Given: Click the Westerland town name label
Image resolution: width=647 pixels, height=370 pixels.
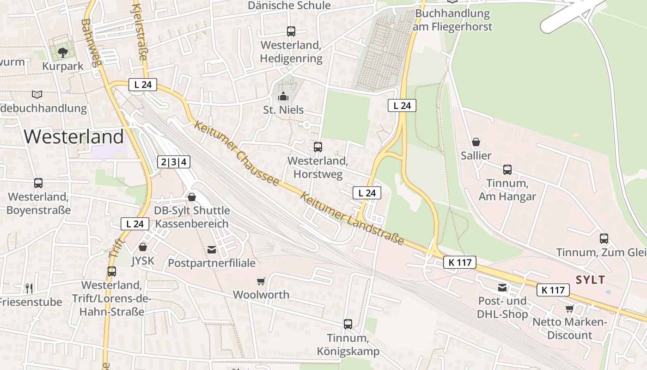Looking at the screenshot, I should (x=74, y=137).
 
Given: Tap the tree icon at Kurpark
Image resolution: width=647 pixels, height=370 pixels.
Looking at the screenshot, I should (x=63, y=52).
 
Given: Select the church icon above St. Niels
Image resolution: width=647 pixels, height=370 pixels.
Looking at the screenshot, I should (x=283, y=96).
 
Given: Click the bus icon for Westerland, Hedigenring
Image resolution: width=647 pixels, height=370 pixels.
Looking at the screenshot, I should (x=291, y=31).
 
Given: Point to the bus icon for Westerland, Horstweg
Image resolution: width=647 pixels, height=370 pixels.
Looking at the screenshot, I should (x=317, y=147).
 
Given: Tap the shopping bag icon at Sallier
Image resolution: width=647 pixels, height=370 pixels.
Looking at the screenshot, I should (x=476, y=142).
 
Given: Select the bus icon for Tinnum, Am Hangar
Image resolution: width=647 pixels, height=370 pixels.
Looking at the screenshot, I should (x=507, y=170).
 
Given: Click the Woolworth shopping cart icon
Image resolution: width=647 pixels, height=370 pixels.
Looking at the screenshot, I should (x=261, y=281).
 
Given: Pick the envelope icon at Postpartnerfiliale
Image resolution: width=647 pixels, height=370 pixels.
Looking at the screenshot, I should (x=212, y=250).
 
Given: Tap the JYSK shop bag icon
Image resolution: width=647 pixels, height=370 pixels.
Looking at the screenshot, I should (x=143, y=247).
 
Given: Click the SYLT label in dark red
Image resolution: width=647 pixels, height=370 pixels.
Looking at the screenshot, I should (x=590, y=280).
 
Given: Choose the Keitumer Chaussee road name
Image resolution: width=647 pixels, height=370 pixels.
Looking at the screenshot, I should (x=237, y=153).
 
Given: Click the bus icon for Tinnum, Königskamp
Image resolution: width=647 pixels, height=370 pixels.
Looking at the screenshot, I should (x=348, y=324).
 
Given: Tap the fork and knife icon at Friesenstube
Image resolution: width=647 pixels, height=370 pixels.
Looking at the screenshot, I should (x=29, y=289).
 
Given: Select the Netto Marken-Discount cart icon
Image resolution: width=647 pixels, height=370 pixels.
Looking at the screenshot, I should (x=569, y=308).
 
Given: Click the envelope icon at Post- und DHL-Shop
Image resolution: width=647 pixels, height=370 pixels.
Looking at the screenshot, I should (x=502, y=288).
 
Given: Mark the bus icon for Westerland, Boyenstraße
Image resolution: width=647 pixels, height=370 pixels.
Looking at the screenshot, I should (x=38, y=183).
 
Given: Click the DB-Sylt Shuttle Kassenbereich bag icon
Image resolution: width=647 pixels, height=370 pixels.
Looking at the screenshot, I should (x=192, y=197).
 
